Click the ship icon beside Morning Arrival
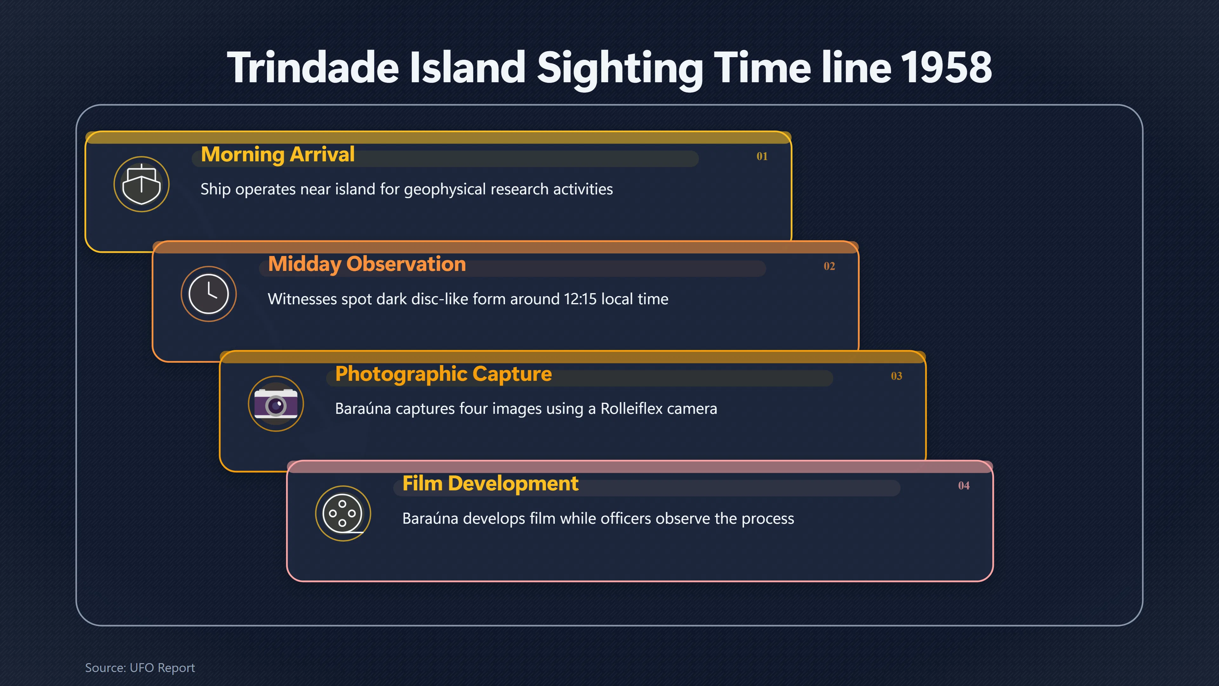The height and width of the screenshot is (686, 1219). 142,184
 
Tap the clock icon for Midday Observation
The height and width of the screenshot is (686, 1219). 209,294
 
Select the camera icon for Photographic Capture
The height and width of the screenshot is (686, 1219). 276,404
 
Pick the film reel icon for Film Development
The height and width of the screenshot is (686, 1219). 343,514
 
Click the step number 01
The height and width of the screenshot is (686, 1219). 762,156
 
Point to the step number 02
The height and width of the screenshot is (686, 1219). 829,266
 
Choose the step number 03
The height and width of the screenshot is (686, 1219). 896,376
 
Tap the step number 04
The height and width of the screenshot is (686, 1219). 963,486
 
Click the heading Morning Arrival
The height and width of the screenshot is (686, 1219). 278,155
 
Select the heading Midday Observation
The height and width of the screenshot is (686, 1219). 367,265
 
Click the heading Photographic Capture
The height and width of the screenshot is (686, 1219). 443,374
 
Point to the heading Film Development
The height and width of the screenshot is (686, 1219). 490,484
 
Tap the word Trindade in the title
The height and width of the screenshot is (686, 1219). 313,68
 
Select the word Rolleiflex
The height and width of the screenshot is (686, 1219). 632,408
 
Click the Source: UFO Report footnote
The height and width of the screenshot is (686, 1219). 140,668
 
